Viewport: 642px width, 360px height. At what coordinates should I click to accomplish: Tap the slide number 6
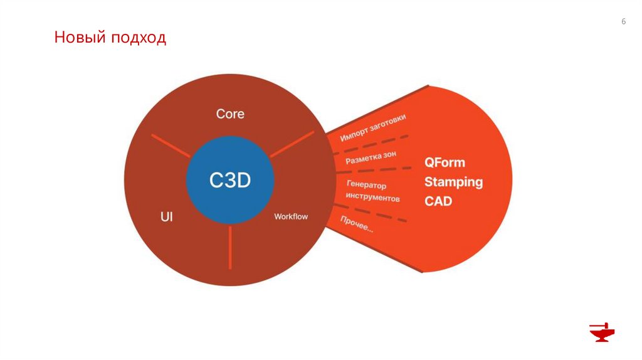click(624, 22)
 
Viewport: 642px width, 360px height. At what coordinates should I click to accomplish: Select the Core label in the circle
click(230, 114)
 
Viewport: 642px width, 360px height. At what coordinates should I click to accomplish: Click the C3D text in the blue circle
click(230, 181)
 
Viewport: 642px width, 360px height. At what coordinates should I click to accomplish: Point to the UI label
click(167, 217)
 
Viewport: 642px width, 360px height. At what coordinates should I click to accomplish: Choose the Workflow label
click(291, 217)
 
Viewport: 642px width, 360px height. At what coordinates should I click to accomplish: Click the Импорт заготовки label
click(372, 128)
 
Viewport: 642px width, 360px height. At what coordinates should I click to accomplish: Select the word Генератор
click(366, 185)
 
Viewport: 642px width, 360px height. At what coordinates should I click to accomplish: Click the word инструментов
click(372, 198)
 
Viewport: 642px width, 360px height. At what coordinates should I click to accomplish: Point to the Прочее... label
click(357, 224)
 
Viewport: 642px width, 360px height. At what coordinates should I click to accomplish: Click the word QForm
click(445, 162)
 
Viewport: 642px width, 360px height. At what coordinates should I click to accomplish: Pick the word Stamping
click(453, 182)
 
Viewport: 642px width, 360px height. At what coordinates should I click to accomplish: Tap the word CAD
click(438, 201)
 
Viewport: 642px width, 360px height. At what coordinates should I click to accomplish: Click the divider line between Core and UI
click(170, 146)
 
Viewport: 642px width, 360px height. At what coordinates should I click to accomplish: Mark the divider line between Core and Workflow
click(291, 144)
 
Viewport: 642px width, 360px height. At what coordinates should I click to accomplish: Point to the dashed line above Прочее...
click(376, 213)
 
